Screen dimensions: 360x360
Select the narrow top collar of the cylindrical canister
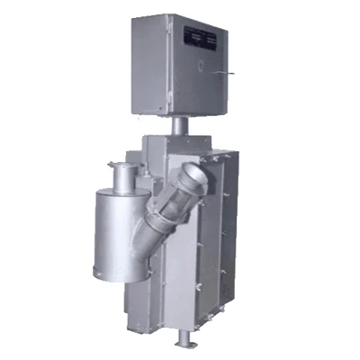(121, 172)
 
